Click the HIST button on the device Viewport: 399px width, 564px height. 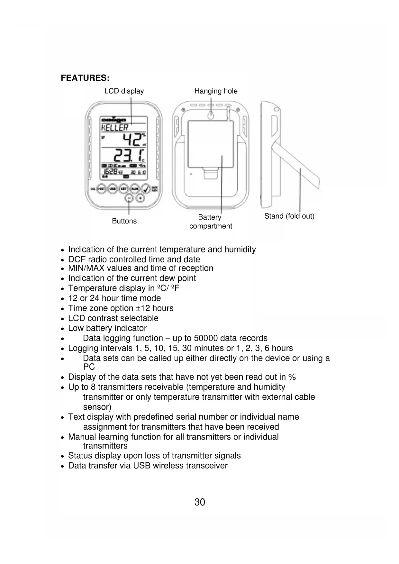point(102,189)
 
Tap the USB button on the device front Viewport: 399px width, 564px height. point(113,189)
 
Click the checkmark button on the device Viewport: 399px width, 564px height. point(146,189)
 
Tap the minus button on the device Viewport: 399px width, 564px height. point(129,198)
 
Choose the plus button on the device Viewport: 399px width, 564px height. point(140,198)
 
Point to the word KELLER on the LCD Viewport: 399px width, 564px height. point(115,128)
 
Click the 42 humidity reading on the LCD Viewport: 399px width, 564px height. point(132,140)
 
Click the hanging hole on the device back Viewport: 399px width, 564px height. point(211,115)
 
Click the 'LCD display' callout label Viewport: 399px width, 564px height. point(124,91)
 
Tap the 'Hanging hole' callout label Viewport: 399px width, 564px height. point(216,91)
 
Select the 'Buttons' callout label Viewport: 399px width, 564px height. point(124,221)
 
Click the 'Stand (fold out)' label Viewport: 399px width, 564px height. point(289,216)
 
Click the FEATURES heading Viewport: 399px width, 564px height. point(85,78)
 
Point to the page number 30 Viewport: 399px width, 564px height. point(200,502)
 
